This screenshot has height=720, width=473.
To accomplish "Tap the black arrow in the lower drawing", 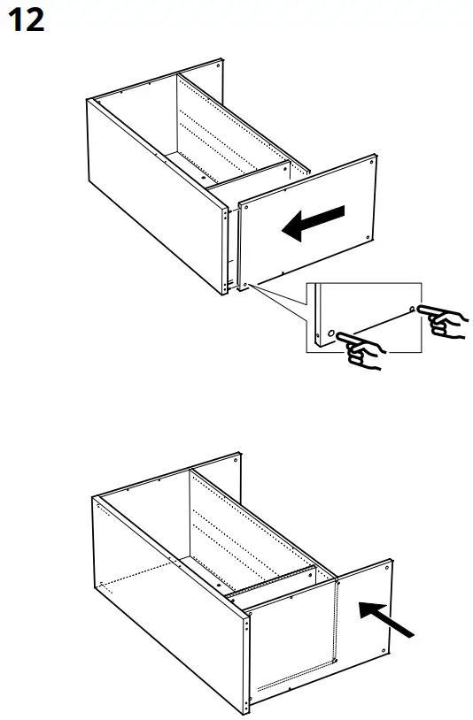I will tap(386, 617).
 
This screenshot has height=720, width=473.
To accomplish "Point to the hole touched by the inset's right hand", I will tap(412, 309).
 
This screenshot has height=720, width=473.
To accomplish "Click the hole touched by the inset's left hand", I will tap(330, 334).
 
